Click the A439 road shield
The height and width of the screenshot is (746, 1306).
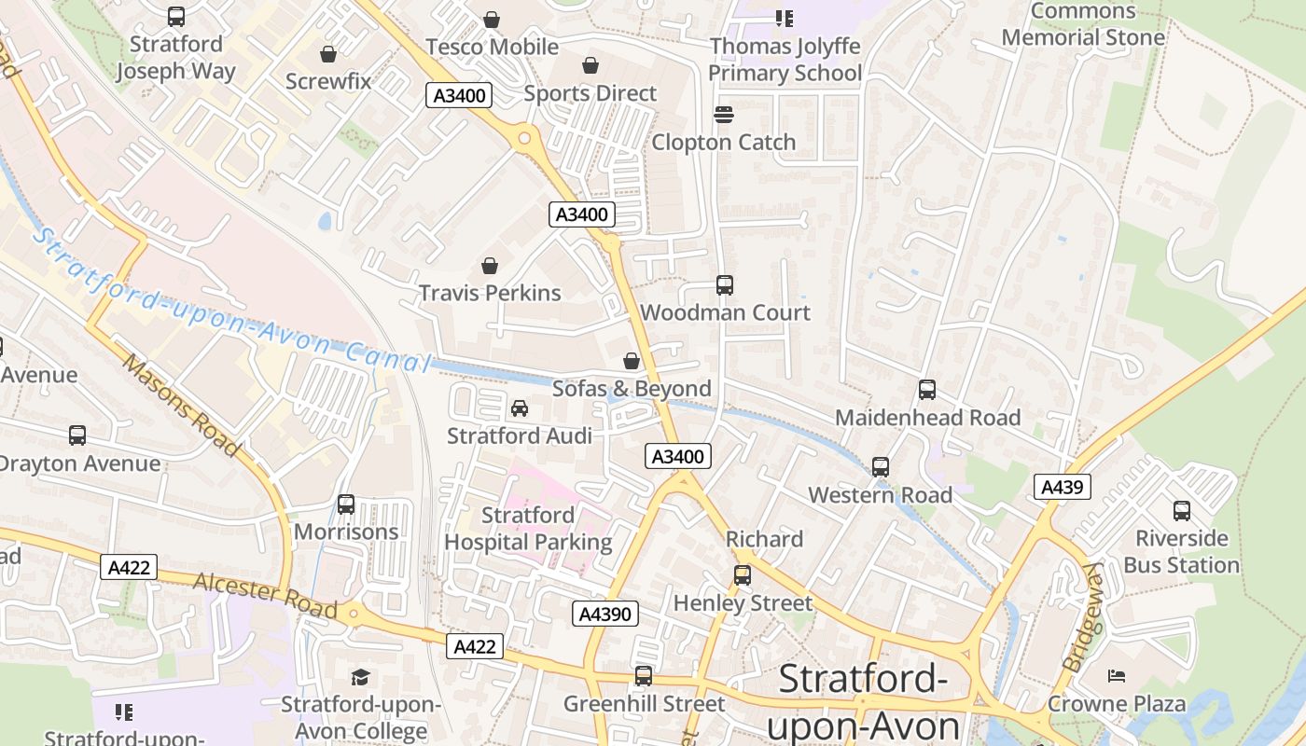[1062, 487]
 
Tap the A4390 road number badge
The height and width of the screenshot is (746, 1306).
[604, 614]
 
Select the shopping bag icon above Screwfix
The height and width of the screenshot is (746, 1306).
[327, 54]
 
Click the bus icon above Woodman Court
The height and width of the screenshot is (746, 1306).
[725, 285]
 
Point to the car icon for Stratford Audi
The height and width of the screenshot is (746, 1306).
[520, 408]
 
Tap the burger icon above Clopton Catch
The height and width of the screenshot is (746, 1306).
[724, 115]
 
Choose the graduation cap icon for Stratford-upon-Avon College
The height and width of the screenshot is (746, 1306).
[360, 677]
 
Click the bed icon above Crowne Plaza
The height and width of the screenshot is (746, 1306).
[1116, 676]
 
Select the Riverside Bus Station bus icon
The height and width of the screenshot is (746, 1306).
[1182, 511]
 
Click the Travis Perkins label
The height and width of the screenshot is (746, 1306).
[490, 293]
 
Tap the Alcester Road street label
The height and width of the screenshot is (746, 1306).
[265, 596]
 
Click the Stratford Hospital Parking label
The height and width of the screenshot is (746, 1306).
[528, 529]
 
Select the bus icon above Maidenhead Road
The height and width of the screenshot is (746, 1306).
[927, 390]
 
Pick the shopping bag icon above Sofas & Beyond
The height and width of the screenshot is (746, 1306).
[632, 361]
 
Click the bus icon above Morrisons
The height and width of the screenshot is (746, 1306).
[346, 504]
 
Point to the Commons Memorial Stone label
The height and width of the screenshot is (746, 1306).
[1083, 25]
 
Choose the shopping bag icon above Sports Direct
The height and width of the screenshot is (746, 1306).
[590, 65]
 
